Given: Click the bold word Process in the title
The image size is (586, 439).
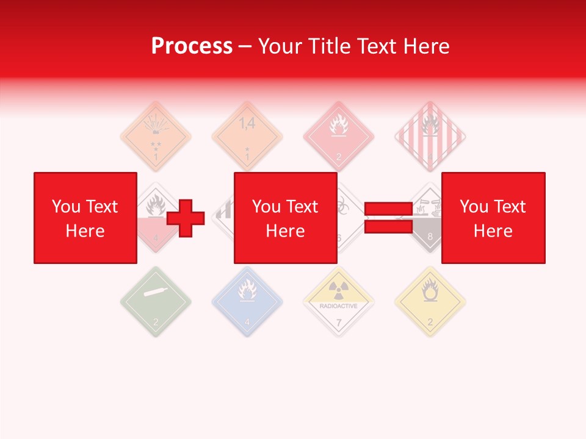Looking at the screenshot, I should (x=192, y=46).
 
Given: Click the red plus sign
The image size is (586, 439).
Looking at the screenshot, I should (x=186, y=218).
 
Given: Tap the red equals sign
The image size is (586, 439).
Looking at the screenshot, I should (x=389, y=218).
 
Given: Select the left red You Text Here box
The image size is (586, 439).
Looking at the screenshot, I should (x=85, y=218).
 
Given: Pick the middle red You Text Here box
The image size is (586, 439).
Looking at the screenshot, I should (x=285, y=218).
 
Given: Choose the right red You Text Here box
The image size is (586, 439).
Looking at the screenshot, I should (x=493, y=218).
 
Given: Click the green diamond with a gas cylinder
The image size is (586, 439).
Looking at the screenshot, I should (x=156, y=301).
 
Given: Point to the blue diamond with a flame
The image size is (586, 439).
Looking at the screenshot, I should (x=247, y=301).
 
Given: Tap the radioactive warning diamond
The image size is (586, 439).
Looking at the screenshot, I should (x=339, y=301).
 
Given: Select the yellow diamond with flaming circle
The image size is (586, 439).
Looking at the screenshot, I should (x=430, y=301).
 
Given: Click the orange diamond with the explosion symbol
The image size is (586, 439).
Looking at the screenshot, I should (x=156, y=137).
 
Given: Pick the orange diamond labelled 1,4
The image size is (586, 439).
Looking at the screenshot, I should (x=247, y=137).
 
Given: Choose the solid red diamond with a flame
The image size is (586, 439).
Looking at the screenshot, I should (x=339, y=137).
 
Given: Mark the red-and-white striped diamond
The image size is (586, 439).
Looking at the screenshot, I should (x=430, y=137).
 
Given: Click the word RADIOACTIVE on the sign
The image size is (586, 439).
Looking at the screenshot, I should (x=339, y=306).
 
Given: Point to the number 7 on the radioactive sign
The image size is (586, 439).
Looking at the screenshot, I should (x=339, y=322).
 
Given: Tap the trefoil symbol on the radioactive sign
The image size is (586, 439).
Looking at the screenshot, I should (x=339, y=288).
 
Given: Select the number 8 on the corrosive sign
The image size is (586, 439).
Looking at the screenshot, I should (x=430, y=237).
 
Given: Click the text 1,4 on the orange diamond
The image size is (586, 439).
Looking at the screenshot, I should (x=247, y=124).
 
